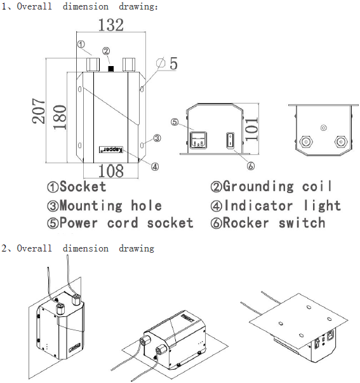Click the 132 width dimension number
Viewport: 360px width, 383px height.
pyautogui.click(x=111, y=25)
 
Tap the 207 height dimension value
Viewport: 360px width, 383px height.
pyautogui.click(x=39, y=111)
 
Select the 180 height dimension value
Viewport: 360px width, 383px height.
pyautogui.click(x=60, y=118)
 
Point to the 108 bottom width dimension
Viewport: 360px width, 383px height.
pyautogui.click(x=111, y=171)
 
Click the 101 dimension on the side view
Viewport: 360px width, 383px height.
pyautogui.click(x=251, y=129)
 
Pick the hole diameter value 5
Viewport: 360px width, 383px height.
pyautogui.click(x=173, y=64)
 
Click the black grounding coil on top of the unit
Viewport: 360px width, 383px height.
pyautogui.click(x=111, y=69)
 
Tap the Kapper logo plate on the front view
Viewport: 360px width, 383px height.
pyautogui.click(x=111, y=149)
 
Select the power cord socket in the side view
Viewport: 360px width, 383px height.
pyautogui.click(x=198, y=140)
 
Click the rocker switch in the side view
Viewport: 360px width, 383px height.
pyautogui.click(x=230, y=140)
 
